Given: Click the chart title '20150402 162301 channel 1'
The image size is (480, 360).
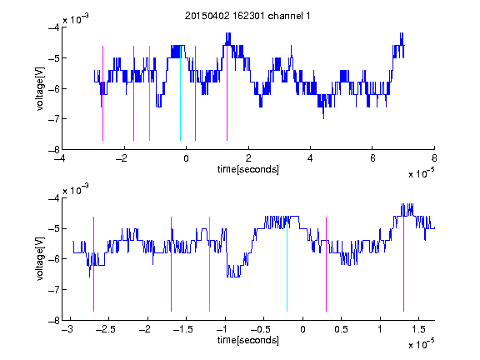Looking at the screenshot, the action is [x=247, y=16].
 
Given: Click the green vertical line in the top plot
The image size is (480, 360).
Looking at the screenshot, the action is [x=149, y=93].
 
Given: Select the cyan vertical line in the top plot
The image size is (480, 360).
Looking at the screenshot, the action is [x=180, y=93].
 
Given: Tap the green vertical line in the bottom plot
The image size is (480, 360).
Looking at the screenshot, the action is [x=209, y=264].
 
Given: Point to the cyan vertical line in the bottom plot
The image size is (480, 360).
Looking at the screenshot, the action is [x=287, y=264].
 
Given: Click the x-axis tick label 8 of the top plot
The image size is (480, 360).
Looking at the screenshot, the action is [x=434, y=158].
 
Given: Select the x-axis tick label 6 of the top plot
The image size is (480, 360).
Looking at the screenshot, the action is [x=372, y=158].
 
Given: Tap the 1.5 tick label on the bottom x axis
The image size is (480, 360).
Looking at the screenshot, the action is [x=419, y=329].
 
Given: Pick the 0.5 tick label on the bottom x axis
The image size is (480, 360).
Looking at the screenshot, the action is [x=341, y=329].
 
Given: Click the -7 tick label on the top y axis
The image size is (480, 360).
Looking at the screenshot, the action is [x=54, y=119].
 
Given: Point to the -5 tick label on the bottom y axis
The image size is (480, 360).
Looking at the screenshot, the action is [x=54, y=228].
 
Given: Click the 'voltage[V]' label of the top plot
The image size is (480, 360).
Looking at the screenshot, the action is [x=40, y=88].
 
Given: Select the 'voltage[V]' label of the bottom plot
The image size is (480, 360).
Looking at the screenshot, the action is [x=40, y=259].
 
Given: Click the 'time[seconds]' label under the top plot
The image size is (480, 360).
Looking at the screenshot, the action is [x=248, y=169].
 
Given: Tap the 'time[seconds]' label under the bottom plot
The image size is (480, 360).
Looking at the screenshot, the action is [x=248, y=340].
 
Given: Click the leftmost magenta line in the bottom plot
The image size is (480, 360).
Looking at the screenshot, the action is [x=93, y=264].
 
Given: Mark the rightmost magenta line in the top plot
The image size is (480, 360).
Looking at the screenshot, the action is [x=227, y=93].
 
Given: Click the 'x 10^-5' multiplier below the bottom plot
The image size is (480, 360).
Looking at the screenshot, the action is [x=421, y=344].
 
